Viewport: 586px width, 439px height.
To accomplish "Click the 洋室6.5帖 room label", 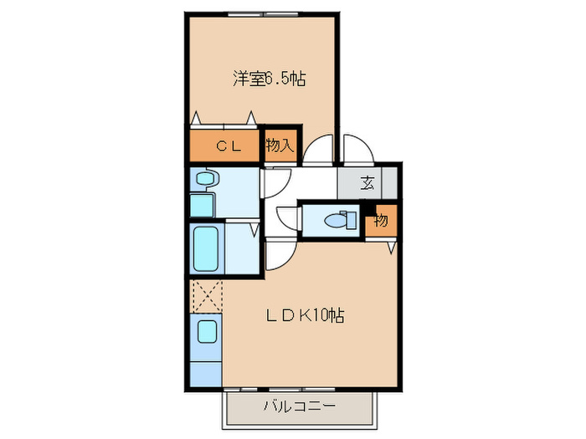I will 268,79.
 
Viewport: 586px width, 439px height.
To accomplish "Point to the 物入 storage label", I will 280,145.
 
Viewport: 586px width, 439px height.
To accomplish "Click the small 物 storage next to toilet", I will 381,220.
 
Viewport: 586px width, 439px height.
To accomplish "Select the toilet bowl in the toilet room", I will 340,221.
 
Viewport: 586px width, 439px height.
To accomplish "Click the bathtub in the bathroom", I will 206,248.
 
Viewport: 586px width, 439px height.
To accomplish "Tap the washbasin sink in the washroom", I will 205,178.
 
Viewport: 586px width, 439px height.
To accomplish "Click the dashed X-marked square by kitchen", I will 206,296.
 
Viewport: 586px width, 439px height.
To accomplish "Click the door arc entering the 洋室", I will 318,150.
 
